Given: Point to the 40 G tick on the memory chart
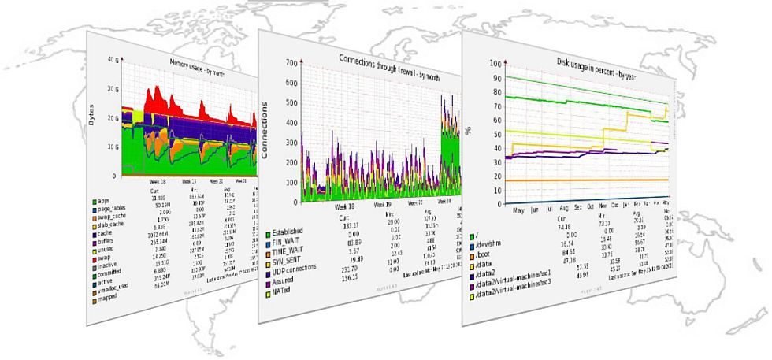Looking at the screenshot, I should point(112,60).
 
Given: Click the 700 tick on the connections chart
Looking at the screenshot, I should point(290,62).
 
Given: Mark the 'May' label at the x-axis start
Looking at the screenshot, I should point(518,211).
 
